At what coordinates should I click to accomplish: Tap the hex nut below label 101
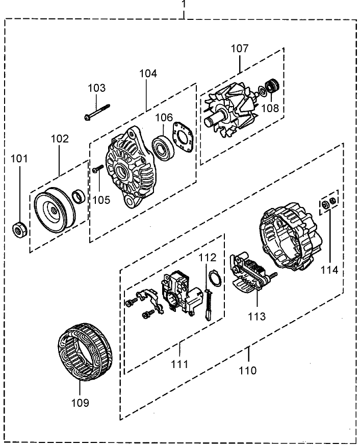tap(20, 231)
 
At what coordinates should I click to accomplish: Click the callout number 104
tap(148, 73)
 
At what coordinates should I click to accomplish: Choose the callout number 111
tap(179, 364)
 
